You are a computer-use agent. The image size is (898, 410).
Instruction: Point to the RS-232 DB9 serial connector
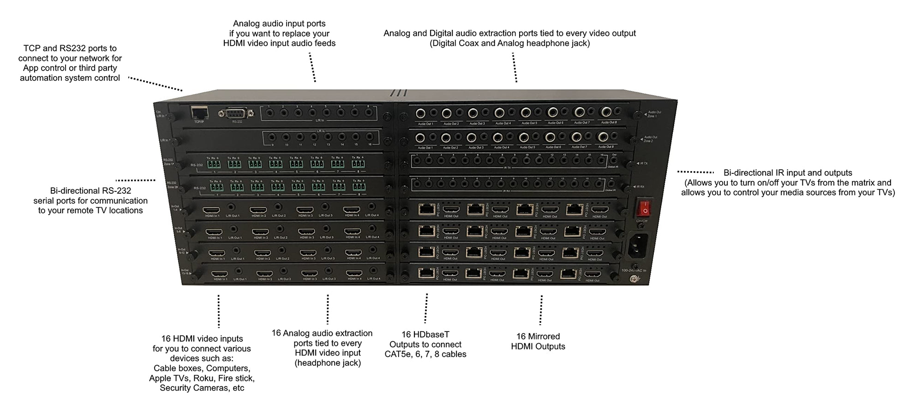pos(236,113)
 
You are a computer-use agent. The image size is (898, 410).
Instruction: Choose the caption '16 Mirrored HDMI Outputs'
pos(538,341)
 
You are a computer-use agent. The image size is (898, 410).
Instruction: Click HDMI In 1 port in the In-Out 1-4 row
pos(211,210)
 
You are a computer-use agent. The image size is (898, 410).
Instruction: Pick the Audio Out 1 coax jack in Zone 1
pos(420,113)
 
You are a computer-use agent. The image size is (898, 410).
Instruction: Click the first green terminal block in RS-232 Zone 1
pos(213,164)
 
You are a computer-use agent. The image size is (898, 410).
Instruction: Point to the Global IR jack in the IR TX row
pos(614,161)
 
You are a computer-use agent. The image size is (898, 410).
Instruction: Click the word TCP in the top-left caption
pos(32,48)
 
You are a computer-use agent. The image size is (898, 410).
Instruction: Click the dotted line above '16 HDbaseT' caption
pos(426,308)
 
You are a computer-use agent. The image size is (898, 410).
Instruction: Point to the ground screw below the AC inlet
pos(636,278)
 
